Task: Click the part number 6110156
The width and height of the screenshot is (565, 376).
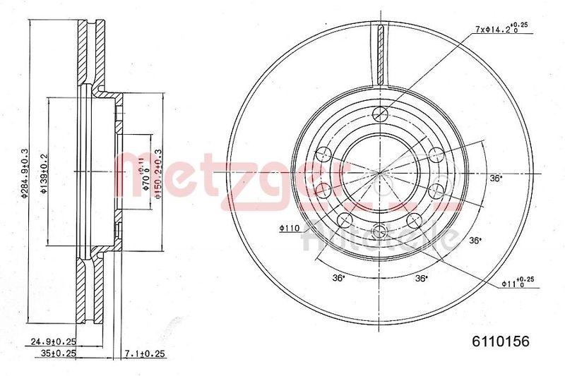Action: point(500,341)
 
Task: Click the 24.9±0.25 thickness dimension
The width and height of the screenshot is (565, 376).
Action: point(52,341)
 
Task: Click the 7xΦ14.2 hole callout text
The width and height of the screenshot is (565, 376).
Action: point(501,29)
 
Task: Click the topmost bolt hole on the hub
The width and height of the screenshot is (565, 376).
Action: point(381,114)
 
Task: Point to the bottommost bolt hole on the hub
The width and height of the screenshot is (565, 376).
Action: point(381,229)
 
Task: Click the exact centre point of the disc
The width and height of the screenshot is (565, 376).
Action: point(381,171)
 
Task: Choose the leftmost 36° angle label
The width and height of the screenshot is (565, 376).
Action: point(340,278)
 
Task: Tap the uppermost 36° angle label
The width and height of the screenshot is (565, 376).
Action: point(496,178)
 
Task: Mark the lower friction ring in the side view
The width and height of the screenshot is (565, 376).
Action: point(91,296)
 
